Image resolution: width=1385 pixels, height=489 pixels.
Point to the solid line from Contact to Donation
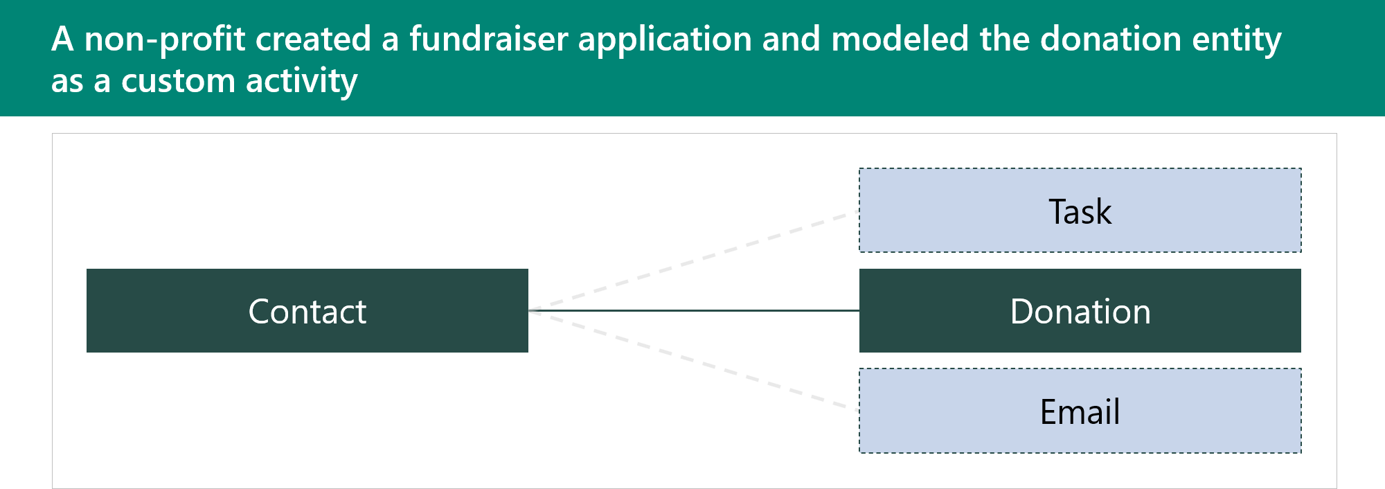692,311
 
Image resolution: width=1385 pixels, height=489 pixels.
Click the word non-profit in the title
165,39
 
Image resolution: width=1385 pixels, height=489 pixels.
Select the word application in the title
665,39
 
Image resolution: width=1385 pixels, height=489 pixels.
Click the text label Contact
307,312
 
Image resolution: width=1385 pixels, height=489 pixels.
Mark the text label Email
1080,412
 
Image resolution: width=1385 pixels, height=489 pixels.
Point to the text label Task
1080,212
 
